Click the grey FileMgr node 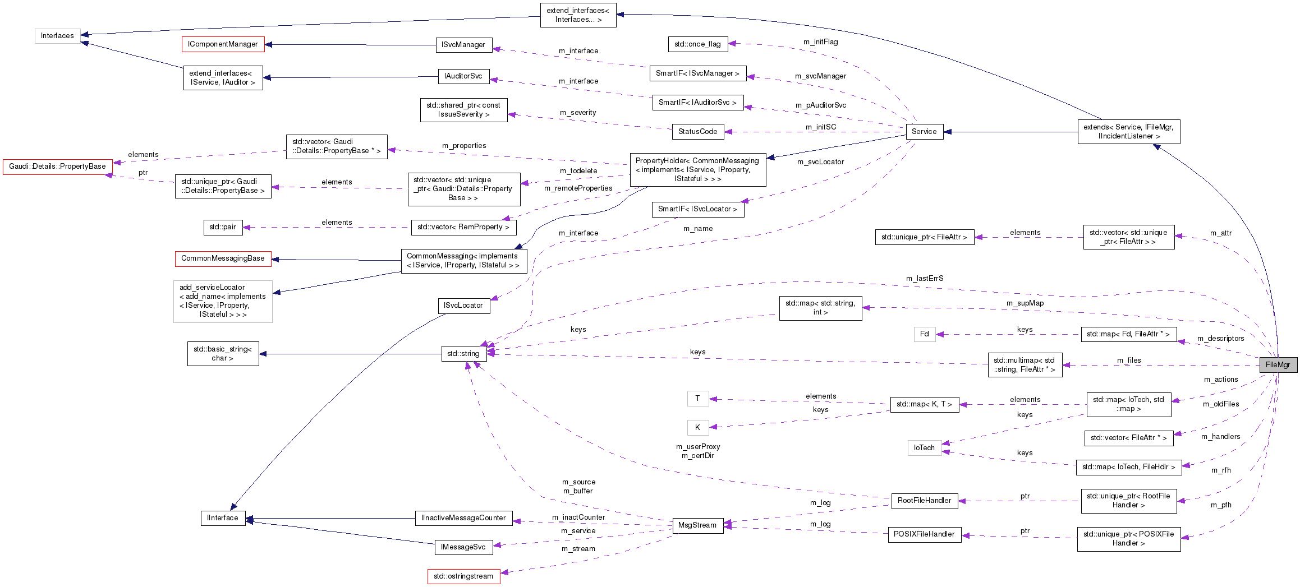click(x=1278, y=364)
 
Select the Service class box click(x=924, y=131)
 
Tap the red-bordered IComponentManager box click(x=223, y=44)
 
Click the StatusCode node click(x=697, y=131)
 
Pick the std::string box click(x=463, y=353)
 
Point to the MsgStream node click(x=697, y=525)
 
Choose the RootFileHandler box click(x=924, y=500)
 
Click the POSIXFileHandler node click(x=924, y=534)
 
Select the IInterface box click(x=222, y=517)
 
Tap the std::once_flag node click(x=697, y=44)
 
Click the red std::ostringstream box click(x=463, y=576)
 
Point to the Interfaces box click(x=57, y=35)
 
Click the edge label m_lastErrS click(x=924, y=278)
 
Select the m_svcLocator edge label click(x=820, y=161)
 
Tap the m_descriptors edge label click(x=1220, y=338)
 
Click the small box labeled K click(x=697, y=427)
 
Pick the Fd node click(x=924, y=334)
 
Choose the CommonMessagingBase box click(x=223, y=258)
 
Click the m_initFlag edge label click(x=820, y=41)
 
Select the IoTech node click(x=924, y=447)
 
